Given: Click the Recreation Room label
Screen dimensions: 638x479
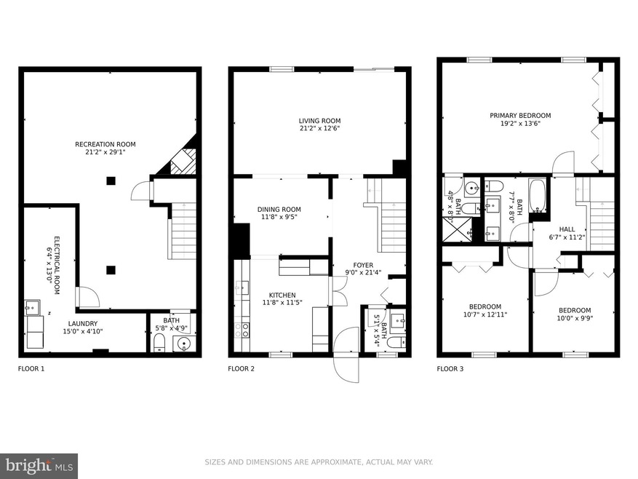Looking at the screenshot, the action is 105,144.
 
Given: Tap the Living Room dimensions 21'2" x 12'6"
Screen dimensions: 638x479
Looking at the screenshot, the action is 319,128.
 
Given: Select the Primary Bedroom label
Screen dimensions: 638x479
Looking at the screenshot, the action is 520,116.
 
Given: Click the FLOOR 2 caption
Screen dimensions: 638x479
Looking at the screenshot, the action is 241,369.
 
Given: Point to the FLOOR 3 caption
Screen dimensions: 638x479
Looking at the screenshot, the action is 450,369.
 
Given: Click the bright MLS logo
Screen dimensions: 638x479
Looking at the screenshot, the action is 39,466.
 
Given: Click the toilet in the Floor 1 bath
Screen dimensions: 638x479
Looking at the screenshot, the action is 159,343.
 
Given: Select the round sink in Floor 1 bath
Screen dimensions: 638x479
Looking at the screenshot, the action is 184,344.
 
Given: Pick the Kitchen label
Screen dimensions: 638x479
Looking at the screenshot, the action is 282,296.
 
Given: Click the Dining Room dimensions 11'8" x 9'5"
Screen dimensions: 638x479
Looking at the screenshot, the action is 279,217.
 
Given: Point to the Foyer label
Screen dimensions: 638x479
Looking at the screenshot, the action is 363,265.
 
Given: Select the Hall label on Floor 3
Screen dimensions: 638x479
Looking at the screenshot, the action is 567,229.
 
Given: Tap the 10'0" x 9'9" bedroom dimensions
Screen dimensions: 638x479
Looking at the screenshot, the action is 575,318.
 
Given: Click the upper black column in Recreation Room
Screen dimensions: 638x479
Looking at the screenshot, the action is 111,181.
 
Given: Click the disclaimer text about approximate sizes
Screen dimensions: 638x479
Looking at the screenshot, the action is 319,462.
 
